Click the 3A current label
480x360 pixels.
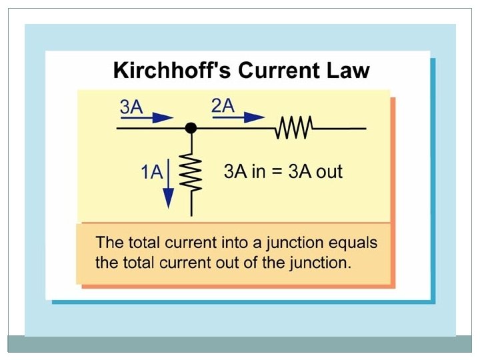pyautogui.click(x=131, y=107)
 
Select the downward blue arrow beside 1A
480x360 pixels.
pyautogui.click(x=168, y=183)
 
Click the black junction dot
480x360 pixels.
pyautogui.click(x=191, y=127)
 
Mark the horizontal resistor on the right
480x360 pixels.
pyautogui.click(x=295, y=127)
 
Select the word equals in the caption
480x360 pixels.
pyautogui.click(x=353, y=243)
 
